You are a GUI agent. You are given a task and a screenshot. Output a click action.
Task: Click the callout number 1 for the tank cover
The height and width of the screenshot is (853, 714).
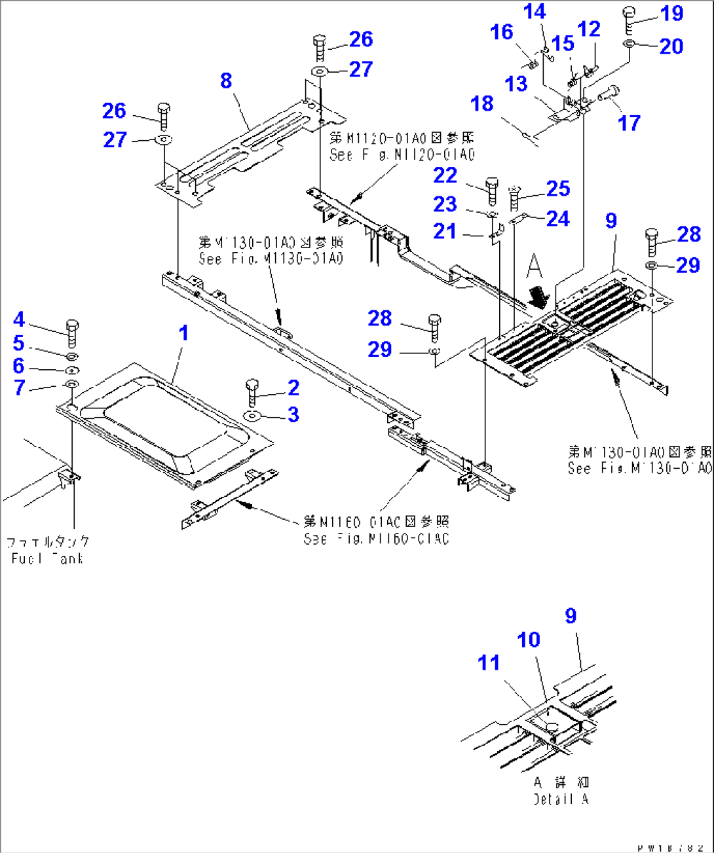(x=183, y=333)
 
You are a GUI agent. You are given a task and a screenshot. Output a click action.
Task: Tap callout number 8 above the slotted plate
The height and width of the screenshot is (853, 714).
(x=226, y=81)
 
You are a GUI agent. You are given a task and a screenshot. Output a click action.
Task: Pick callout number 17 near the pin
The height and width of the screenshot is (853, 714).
(x=628, y=122)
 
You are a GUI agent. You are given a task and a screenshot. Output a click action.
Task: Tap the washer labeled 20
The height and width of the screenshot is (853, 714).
(x=629, y=43)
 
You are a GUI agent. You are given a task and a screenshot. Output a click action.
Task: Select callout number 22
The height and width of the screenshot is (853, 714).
(x=445, y=175)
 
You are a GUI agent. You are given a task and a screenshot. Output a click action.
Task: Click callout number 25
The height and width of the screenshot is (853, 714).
(x=557, y=189)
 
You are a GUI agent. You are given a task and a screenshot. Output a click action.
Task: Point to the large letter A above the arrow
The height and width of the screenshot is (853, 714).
(x=535, y=266)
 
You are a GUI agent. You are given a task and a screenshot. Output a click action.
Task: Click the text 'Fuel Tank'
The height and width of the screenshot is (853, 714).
(x=47, y=558)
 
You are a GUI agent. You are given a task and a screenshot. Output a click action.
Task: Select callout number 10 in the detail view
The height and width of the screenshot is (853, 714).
(x=529, y=640)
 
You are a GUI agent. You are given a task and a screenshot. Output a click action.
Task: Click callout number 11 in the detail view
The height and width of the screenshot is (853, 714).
(x=489, y=662)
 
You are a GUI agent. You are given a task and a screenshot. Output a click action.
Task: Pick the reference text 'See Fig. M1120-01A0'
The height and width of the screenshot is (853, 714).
(x=402, y=154)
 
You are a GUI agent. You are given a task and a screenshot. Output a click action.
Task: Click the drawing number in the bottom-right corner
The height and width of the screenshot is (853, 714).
(x=672, y=848)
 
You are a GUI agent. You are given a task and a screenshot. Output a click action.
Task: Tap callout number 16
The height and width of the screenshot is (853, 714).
(x=502, y=31)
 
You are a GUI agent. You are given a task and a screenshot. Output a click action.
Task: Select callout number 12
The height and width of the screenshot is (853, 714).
(x=589, y=29)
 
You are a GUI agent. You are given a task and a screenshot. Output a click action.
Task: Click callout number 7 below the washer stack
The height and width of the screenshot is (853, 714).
(x=20, y=387)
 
